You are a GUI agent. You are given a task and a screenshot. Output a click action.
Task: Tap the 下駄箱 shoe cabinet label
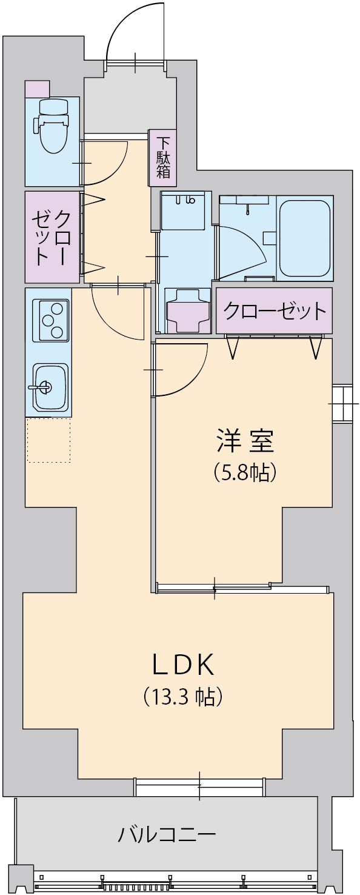163,158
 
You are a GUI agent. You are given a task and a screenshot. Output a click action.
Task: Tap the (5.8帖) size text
244,472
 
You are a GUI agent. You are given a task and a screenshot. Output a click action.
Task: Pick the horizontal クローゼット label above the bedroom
275,311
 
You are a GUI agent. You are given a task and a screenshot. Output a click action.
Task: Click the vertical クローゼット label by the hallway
52,238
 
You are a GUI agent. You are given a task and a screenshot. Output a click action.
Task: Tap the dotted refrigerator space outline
48,440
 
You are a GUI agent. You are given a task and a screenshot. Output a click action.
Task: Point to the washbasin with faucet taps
183,210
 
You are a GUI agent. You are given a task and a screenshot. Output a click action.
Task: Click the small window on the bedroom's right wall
343,404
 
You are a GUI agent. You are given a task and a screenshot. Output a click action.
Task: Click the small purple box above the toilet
37,89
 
